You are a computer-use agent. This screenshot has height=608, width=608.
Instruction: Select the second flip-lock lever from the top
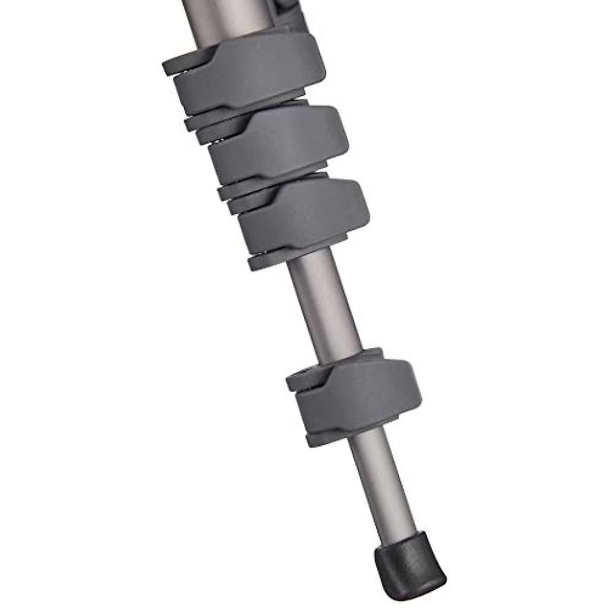pyautogui.click(x=279, y=144)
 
